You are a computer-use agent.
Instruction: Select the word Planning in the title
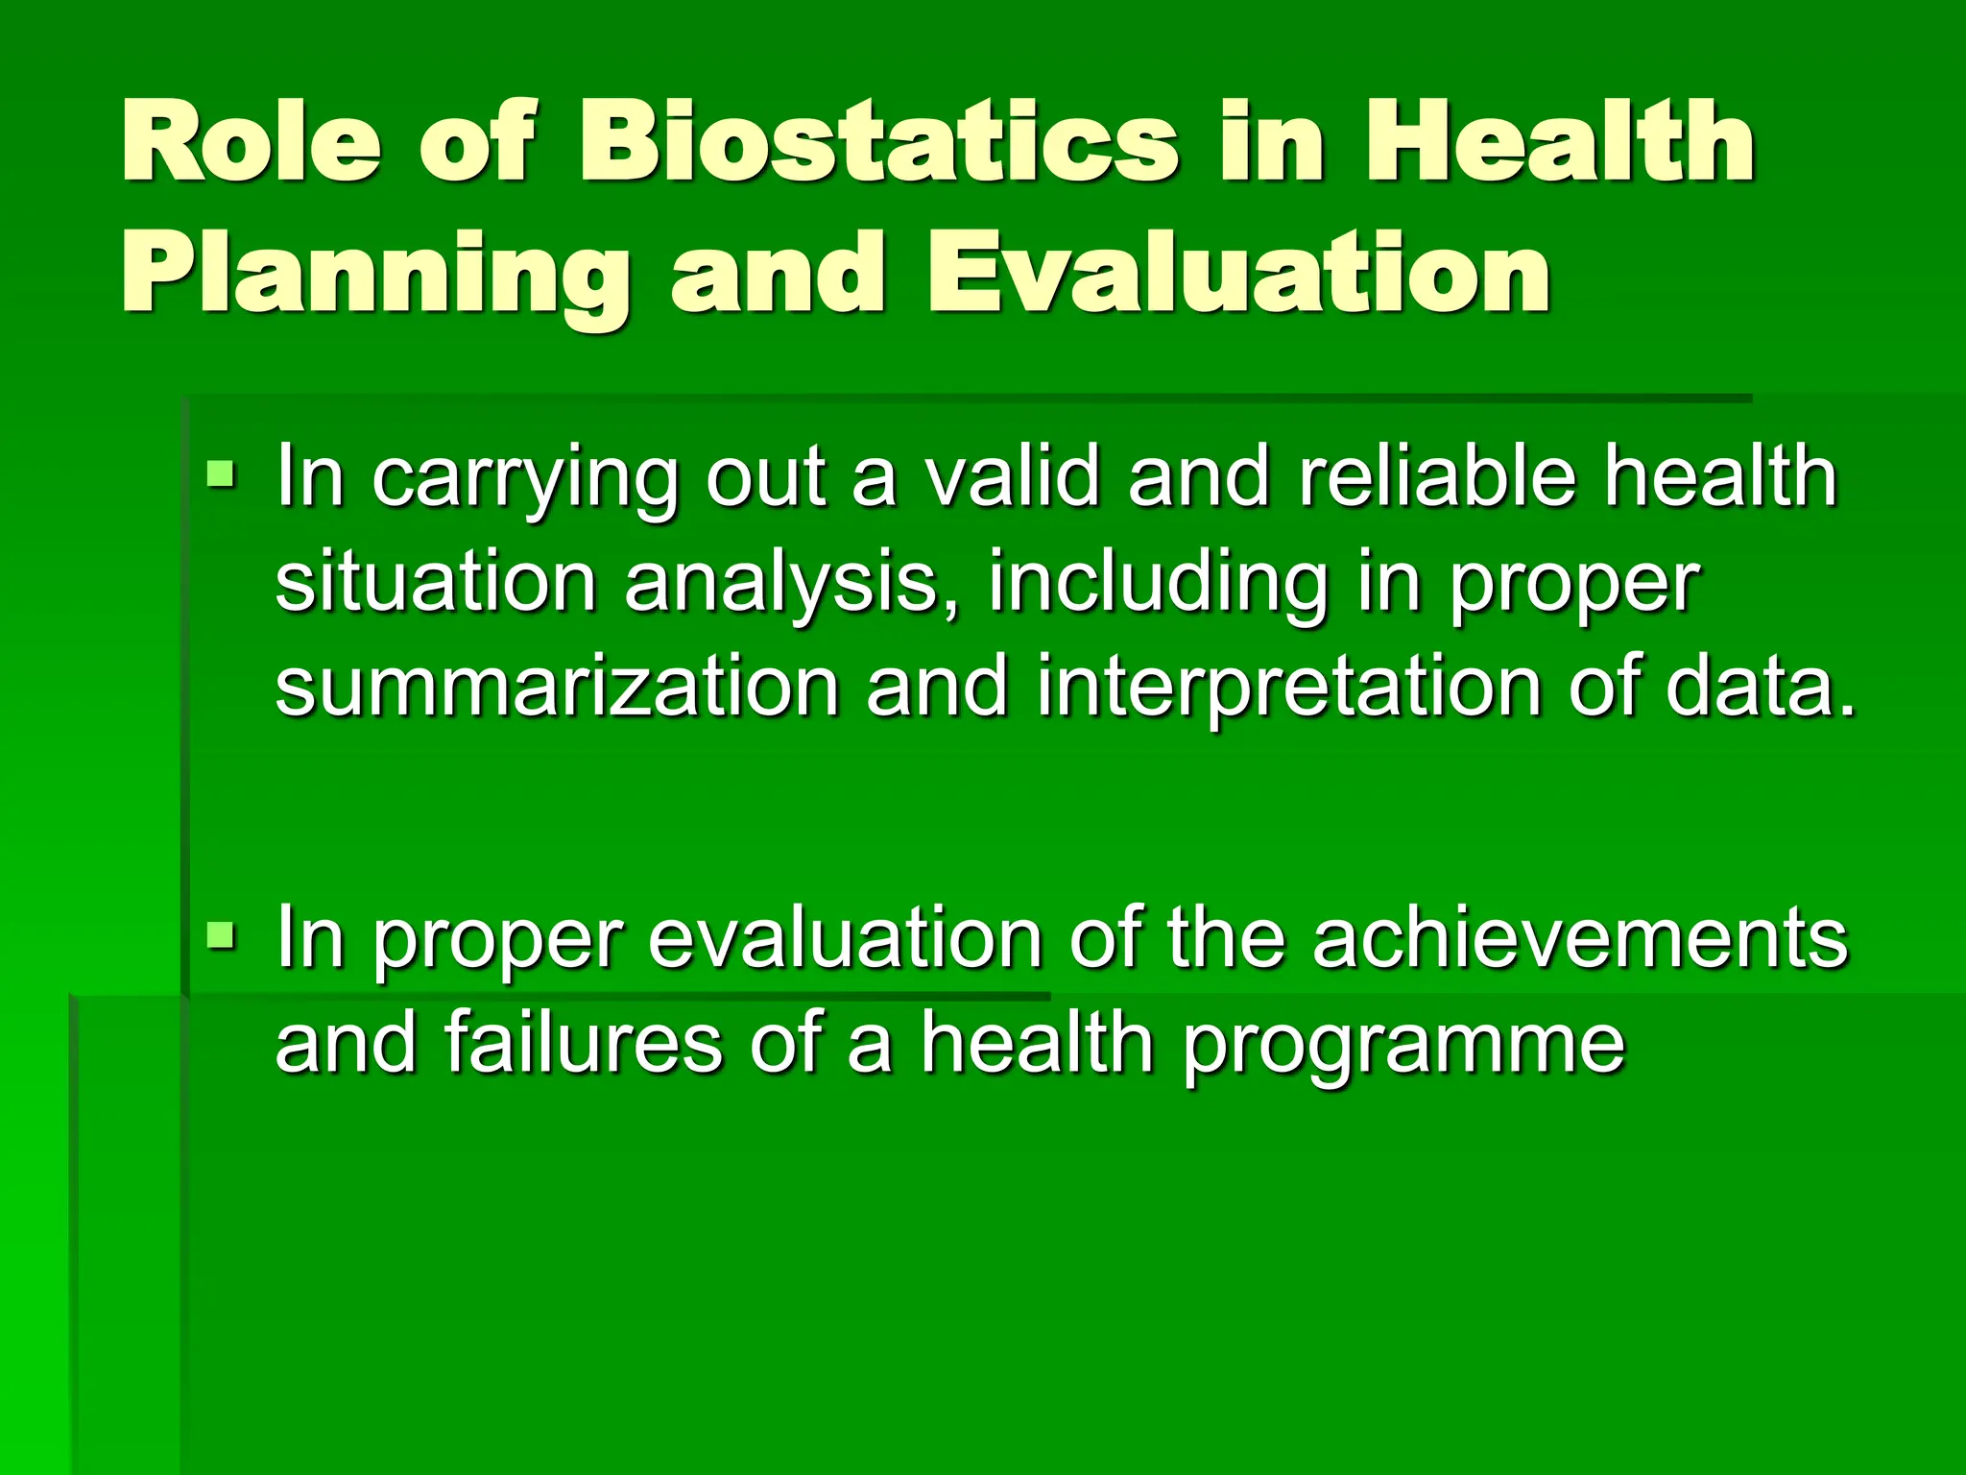tap(373, 278)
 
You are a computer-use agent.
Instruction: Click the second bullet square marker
tap(221, 932)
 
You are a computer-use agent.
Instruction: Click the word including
tap(1157, 586)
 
